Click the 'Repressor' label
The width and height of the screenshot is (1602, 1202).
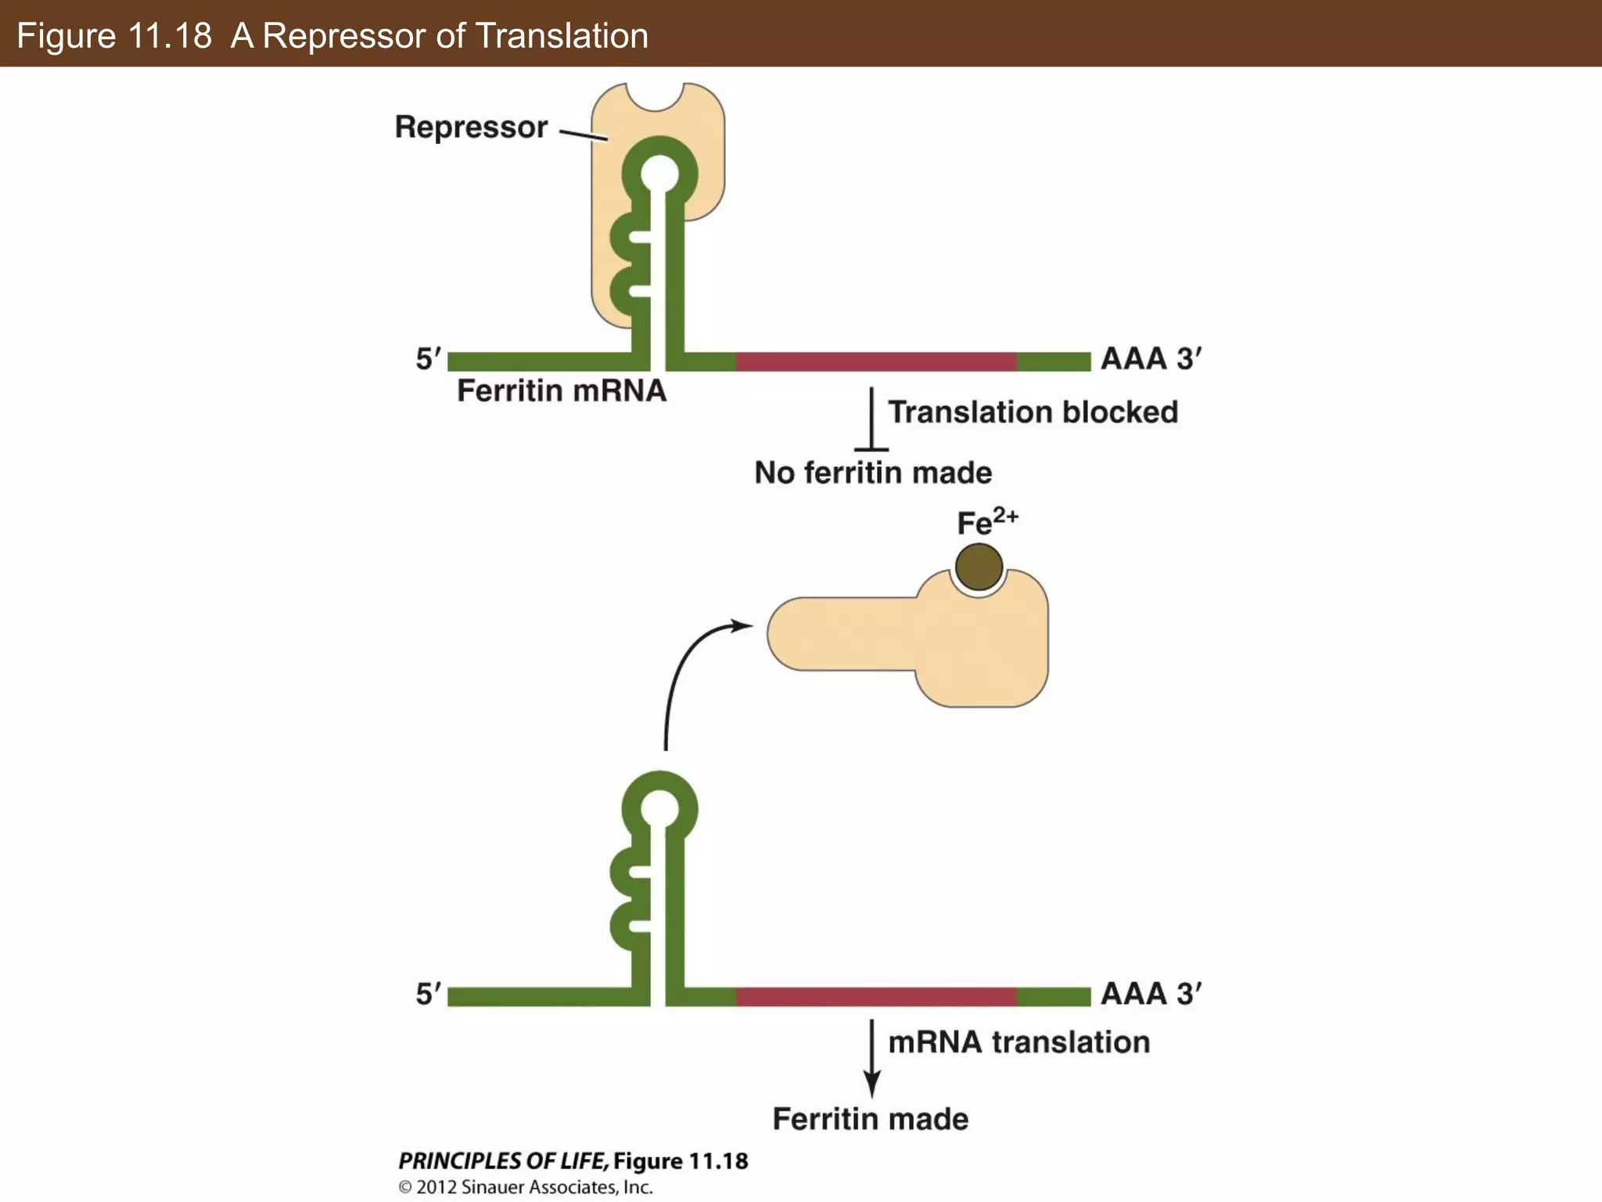pos(471,127)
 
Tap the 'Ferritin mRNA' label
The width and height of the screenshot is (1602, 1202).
pos(561,390)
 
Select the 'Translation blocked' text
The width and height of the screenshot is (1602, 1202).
pos(1033,412)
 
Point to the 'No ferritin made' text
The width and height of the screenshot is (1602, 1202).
pos(873,473)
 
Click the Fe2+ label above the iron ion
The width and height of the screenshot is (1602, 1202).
pos(986,521)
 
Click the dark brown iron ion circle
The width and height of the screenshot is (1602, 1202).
pos(979,567)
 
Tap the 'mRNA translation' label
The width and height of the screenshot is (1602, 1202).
pos(1018,1042)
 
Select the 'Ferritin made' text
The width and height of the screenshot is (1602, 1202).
pos(870,1119)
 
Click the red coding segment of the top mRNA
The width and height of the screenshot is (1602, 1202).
pos(876,362)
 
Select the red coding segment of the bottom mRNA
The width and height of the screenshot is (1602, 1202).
pos(876,996)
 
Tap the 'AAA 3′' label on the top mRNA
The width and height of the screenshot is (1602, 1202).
pos(1150,358)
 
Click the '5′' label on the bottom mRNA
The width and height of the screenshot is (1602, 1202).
pos(428,994)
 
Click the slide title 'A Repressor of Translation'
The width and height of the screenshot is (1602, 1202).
pos(440,36)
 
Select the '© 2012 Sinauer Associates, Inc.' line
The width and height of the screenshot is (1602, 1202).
pos(526,1187)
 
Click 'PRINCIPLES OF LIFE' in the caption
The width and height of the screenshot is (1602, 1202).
pos(501,1161)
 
